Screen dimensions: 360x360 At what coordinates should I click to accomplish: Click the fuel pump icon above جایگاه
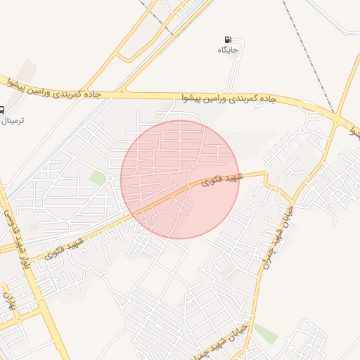pos(227,40)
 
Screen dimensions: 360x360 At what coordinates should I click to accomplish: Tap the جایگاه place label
pos(229,50)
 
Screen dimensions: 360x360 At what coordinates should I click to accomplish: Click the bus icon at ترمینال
pos(1,110)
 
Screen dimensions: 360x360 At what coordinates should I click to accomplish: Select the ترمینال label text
pos(15,121)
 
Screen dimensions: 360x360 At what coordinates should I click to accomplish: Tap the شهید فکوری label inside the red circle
pos(220,179)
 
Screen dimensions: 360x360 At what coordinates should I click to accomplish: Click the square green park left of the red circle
pos(98,179)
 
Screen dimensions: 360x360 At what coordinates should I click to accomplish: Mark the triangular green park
pos(265,332)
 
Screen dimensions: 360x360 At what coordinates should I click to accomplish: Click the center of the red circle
pos(180,179)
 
